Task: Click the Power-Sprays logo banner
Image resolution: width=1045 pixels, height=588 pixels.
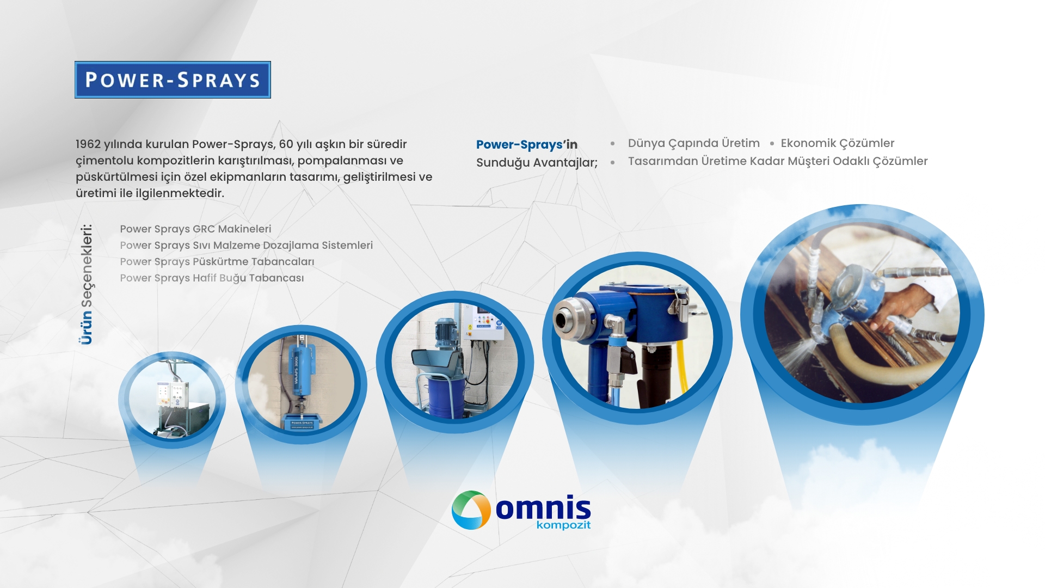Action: coord(173,79)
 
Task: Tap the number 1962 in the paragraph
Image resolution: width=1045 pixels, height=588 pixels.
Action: coord(88,144)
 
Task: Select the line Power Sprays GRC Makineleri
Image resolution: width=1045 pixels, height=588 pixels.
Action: coord(195,229)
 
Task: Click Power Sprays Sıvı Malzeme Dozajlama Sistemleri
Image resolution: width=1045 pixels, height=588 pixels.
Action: coord(247,246)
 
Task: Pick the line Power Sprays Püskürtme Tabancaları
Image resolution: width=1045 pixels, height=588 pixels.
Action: coord(217,262)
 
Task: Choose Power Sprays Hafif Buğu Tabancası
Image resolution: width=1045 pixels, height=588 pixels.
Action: coord(212,278)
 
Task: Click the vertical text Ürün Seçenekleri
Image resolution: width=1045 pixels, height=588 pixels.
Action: coord(86,284)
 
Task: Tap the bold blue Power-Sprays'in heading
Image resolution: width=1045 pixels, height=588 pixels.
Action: coord(527,144)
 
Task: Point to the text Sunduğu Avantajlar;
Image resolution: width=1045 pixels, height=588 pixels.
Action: coord(537,163)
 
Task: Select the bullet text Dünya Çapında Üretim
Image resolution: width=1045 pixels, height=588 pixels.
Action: coord(694,143)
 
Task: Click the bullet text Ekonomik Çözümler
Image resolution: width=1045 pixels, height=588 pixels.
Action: coord(838,143)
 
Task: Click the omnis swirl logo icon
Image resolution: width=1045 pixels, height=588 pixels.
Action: coord(471,510)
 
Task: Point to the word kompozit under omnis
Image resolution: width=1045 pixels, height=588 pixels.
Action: coord(563,525)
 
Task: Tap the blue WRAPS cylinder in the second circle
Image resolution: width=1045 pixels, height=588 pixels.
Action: coord(300,370)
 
